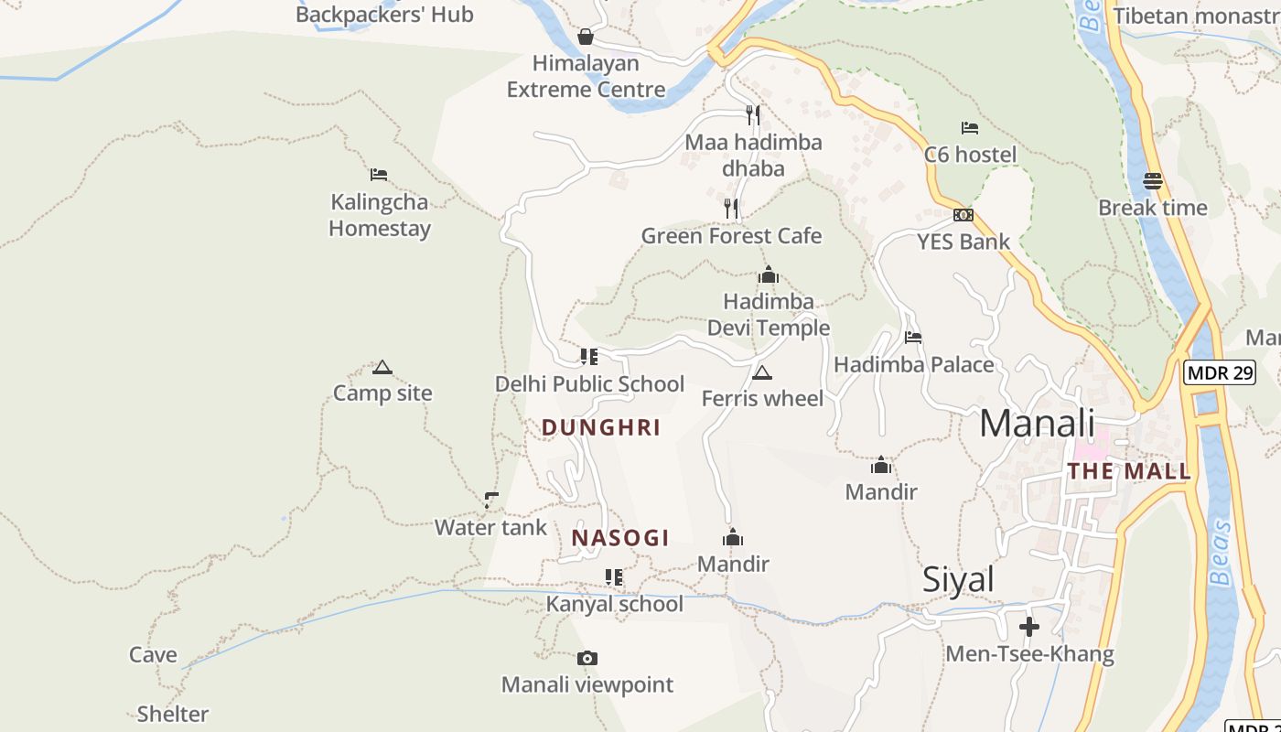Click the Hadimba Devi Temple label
768,314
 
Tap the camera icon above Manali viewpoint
587,658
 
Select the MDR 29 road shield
1219,372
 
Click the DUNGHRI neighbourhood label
601,427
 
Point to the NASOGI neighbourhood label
620,538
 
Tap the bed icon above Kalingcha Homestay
379,175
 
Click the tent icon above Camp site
382,368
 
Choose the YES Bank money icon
963,215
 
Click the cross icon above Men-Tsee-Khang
1029,627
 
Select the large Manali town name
1037,424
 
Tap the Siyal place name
958,580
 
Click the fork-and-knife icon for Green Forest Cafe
731,209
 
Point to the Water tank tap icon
491,501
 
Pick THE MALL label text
1129,471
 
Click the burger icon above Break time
1153,180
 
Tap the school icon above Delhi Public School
589,356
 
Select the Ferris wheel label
762,399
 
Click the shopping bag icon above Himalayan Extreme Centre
586,37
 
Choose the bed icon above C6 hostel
970,128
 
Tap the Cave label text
153,655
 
